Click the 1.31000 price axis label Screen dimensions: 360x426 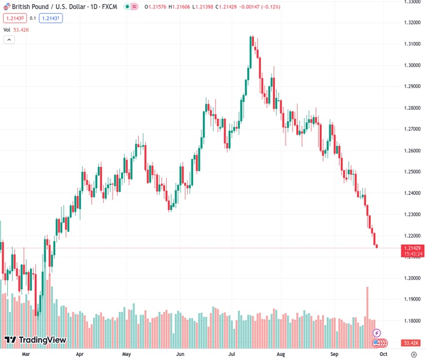[412, 44]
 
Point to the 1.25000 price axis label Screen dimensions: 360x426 [412, 172]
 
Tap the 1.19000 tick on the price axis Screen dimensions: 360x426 [412, 299]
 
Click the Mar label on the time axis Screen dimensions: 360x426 [25, 355]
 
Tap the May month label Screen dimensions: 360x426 [127, 355]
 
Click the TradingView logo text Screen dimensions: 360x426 [42, 341]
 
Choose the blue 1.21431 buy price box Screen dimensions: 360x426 [51, 18]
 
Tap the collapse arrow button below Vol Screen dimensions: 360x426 [9, 40]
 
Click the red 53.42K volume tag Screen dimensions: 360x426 [411, 343]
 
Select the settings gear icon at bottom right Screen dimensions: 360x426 [413, 355]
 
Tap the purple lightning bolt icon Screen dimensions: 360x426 [376, 332]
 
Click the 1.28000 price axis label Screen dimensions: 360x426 [412, 108]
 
